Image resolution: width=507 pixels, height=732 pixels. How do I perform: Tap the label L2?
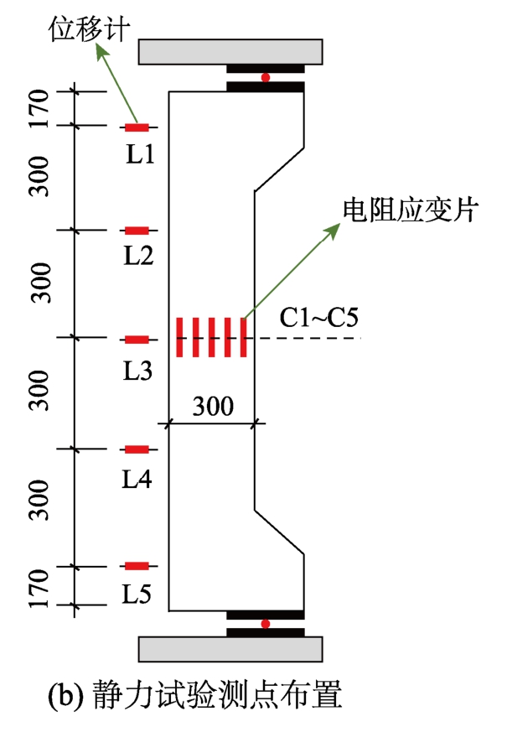tap(138, 257)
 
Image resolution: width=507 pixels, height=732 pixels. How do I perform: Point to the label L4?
tap(138, 479)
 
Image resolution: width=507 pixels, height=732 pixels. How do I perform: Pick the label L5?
tap(138, 594)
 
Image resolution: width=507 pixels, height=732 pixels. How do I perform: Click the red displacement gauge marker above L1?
tap(137, 127)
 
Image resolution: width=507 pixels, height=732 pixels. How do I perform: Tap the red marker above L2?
tap(137, 230)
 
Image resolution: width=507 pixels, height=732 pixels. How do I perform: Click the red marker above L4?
tap(137, 449)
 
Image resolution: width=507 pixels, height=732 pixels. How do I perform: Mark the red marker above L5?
tap(137, 566)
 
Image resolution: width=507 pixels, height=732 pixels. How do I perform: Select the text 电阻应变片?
tap(410, 209)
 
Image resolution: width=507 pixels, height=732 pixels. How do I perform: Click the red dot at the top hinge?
tap(266, 78)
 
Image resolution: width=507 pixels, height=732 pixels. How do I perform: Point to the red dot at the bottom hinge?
tap(266, 624)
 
